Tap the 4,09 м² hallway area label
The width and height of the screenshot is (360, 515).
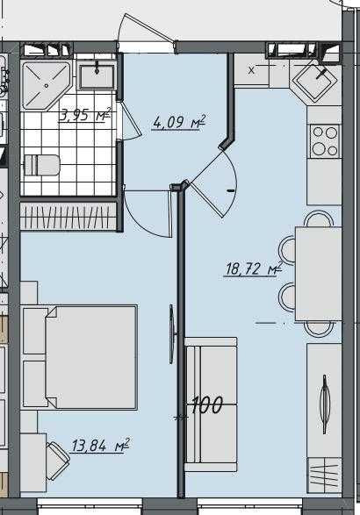pyautogui.click(x=178, y=121)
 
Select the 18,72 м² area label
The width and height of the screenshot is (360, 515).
pyautogui.click(x=250, y=269)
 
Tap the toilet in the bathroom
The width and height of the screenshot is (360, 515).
pyautogui.click(x=42, y=164)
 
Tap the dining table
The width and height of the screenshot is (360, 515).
pyautogui.click(x=317, y=273)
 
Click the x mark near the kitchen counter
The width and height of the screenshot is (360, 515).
pyautogui.click(x=252, y=69)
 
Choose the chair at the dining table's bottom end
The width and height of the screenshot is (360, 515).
pyautogui.click(x=317, y=329)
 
